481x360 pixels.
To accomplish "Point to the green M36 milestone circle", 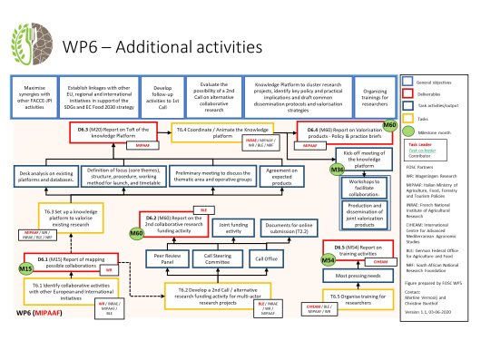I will [x=338, y=170].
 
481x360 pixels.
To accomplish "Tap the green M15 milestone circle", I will [x=25, y=270].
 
